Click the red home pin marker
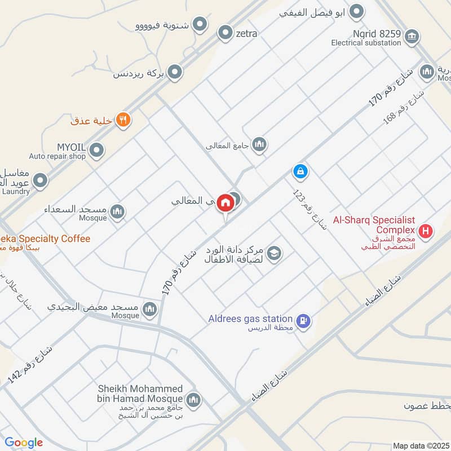pyautogui.click(x=225, y=202)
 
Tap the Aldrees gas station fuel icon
pyautogui.click(x=304, y=321)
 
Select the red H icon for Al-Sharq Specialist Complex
pyautogui.click(x=426, y=230)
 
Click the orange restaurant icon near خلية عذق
pyautogui.click(x=123, y=120)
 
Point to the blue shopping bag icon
pyautogui.click(x=300, y=170)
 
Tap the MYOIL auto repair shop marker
pyautogui.click(x=97, y=150)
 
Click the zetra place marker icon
pyautogui.click(x=225, y=33)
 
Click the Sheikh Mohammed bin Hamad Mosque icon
pyautogui.click(x=193, y=400)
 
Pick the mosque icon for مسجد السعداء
pyautogui.click(x=117, y=211)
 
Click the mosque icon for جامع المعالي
pyautogui.click(x=259, y=145)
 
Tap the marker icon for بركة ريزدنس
pyautogui.click(x=175, y=72)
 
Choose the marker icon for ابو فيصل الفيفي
pyautogui.click(x=356, y=11)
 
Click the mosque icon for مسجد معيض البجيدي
pyautogui.click(x=149, y=308)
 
